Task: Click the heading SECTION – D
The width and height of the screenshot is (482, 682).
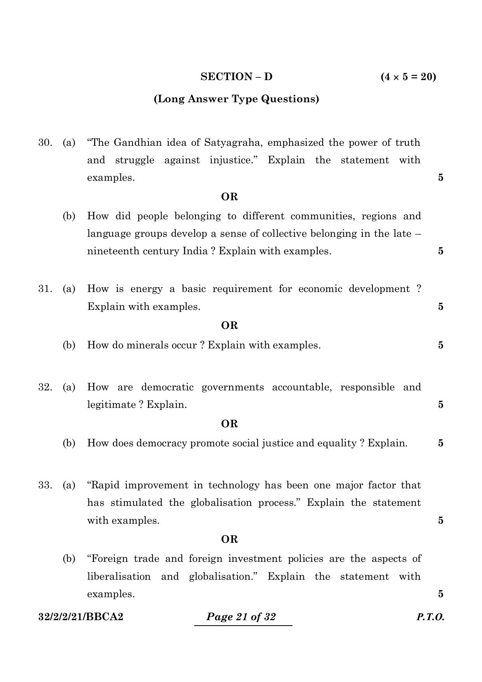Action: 236,77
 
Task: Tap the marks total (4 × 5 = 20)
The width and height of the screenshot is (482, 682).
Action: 408,77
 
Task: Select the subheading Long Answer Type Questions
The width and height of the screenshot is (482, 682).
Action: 236,99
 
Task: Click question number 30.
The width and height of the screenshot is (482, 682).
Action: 45,143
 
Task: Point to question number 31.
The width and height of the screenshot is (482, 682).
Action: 45,289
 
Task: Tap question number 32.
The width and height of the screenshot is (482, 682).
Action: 45,387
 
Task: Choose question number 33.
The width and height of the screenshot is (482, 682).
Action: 45,485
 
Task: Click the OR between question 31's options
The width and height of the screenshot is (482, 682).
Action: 229,325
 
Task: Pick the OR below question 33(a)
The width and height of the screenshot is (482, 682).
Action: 229,539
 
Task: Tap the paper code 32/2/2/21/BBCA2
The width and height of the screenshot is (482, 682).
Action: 81,617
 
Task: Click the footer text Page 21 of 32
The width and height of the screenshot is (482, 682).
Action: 241,617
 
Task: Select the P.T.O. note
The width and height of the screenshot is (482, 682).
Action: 430,617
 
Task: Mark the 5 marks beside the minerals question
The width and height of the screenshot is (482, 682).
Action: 440,345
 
